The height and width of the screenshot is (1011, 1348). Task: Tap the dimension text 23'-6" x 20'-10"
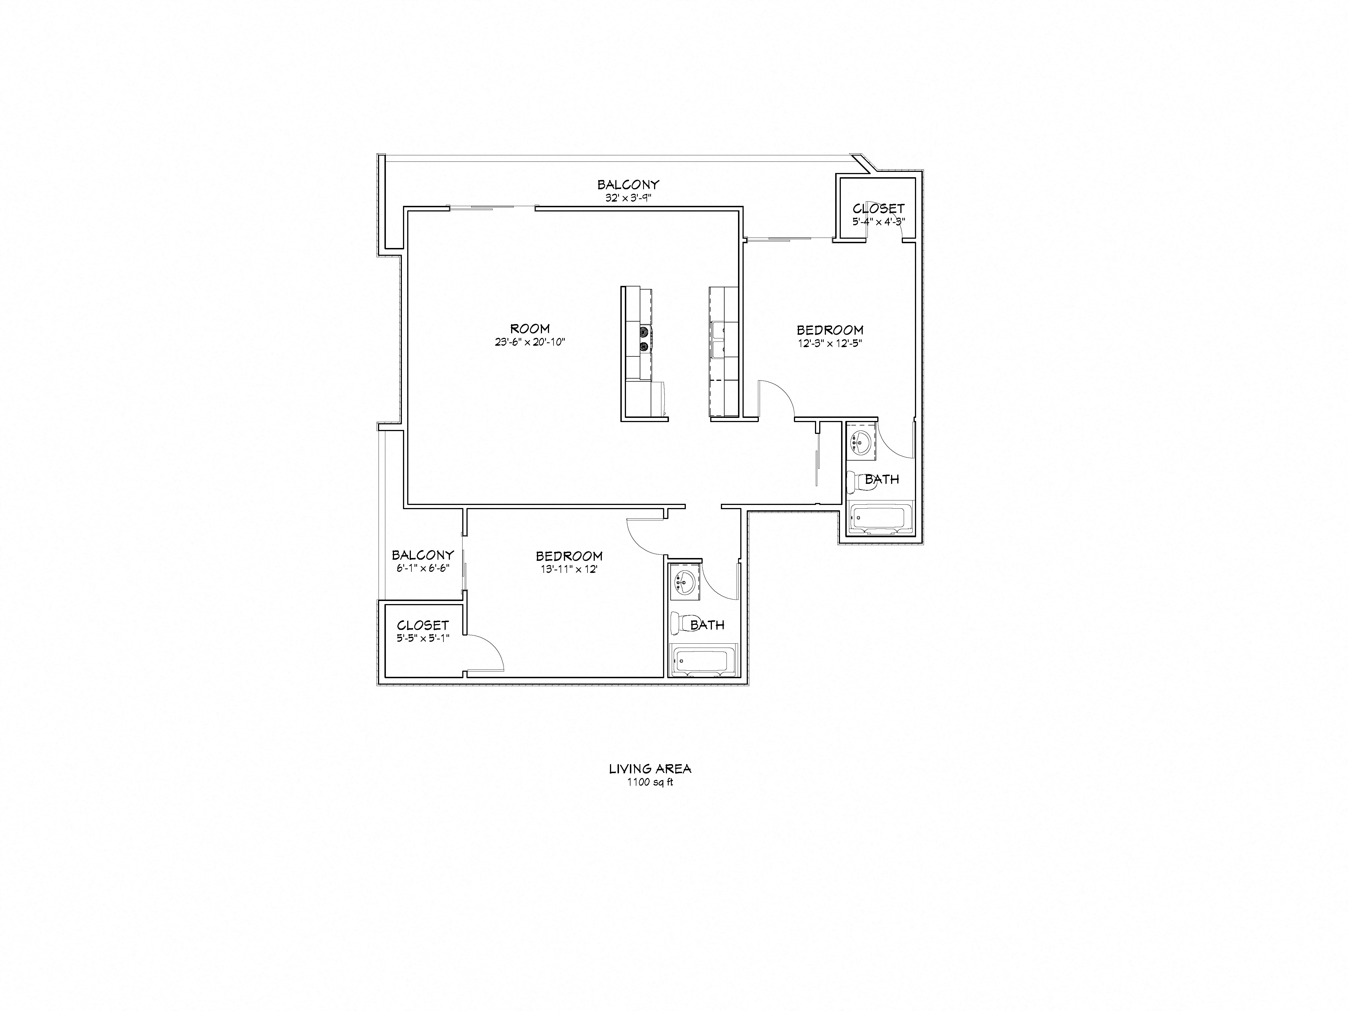pos(530,343)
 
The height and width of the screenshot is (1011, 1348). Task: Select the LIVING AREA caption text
pos(650,769)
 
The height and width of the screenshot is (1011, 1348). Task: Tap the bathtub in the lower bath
pos(703,661)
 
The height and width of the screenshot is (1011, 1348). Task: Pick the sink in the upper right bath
pos(860,440)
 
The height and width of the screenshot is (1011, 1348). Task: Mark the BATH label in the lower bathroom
pos(707,625)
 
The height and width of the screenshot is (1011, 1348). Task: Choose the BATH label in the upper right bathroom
pos(882,480)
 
